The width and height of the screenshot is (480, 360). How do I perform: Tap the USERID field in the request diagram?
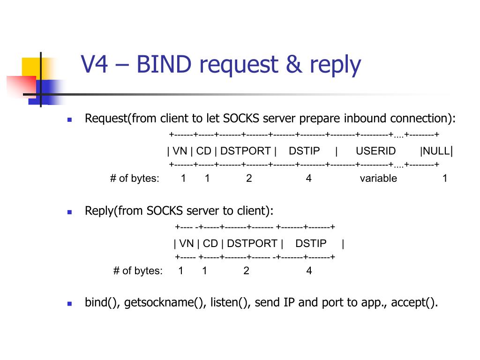point(375,151)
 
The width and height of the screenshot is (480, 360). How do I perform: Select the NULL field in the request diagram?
point(435,151)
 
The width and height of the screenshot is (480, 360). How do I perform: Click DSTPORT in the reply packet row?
point(252,244)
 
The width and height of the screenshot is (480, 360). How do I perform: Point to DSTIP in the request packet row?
point(304,151)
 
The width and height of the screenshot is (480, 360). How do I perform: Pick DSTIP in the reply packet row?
point(311,244)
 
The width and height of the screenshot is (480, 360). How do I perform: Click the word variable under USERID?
point(378,179)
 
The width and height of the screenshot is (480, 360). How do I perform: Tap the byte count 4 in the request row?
point(308,179)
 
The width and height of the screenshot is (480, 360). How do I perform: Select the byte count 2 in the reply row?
point(246,271)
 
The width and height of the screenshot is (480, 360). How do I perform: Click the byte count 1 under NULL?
point(445,179)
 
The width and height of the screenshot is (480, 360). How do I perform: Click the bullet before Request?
point(69,120)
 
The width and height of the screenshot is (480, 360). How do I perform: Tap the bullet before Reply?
point(69,212)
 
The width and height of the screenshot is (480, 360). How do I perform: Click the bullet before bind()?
point(69,303)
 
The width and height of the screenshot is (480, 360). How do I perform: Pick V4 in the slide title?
point(95,65)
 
